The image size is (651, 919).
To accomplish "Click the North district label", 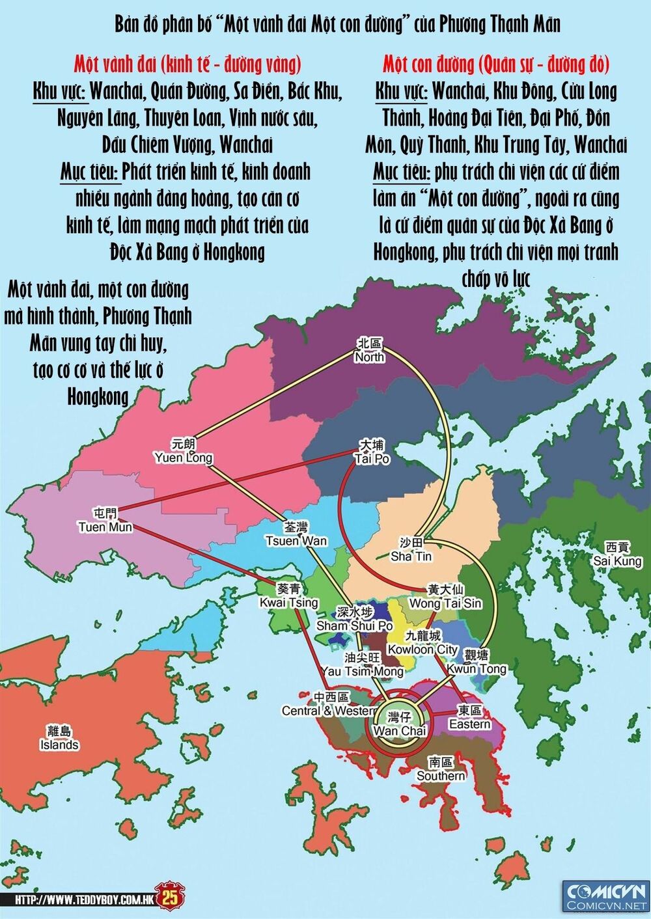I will [370, 351].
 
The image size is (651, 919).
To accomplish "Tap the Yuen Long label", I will [184, 451].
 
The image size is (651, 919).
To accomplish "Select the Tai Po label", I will [372, 452].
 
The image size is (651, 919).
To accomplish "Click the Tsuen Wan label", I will [296, 534].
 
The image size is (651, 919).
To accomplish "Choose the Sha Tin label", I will [411, 551].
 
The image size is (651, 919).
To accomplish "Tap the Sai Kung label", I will [618, 555].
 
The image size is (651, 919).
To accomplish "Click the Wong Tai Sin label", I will [445, 597].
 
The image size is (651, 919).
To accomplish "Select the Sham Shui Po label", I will [355, 619].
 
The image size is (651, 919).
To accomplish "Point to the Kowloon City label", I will [422, 642].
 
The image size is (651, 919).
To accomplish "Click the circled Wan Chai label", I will [398, 724].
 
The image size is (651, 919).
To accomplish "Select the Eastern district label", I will [470, 717].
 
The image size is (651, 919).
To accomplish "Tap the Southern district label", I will [441, 769].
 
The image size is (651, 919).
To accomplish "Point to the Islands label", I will [59, 738].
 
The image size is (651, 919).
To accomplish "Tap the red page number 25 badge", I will [170, 898].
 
